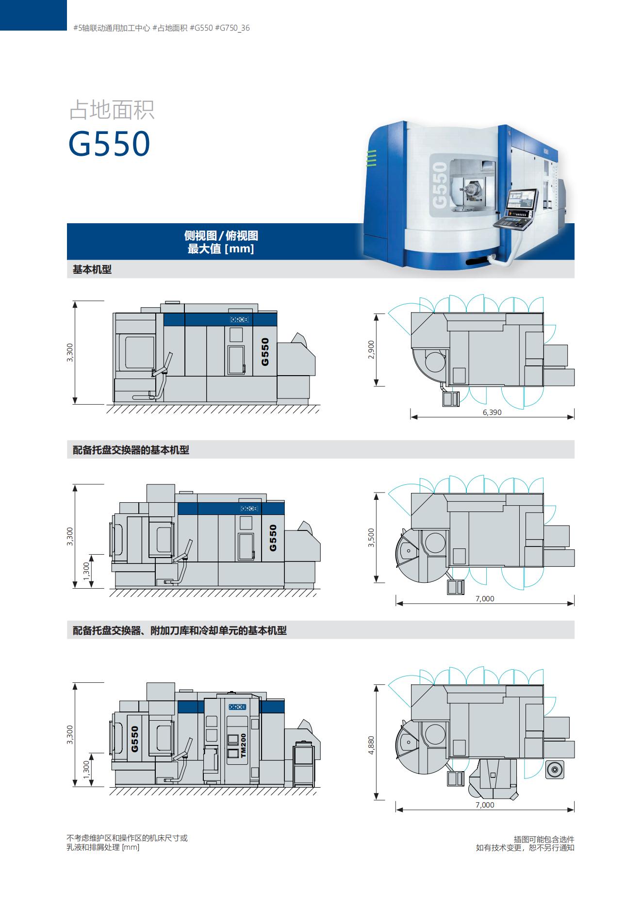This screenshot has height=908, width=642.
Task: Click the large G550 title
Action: (x=109, y=143)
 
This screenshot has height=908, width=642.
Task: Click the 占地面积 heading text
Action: (x=112, y=110)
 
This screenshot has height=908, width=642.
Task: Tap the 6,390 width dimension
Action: (x=492, y=413)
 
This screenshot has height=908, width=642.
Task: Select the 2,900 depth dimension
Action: (x=371, y=350)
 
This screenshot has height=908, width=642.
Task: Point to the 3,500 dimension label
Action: (x=371, y=538)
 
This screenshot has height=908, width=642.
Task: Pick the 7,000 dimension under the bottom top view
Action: (x=485, y=805)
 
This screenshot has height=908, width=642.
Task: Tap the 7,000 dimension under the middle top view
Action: (x=485, y=598)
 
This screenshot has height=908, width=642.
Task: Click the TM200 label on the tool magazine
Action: (x=243, y=745)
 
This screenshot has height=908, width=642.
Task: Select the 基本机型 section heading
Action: (x=92, y=269)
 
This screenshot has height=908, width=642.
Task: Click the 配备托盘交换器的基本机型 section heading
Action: (x=131, y=450)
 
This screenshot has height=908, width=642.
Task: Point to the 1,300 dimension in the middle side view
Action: (x=86, y=571)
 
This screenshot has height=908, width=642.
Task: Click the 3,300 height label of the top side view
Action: (x=70, y=352)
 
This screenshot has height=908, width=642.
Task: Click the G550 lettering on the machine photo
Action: (x=440, y=185)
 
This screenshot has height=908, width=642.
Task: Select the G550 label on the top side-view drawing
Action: (x=265, y=352)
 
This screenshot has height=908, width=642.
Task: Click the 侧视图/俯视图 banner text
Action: (x=221, y=236)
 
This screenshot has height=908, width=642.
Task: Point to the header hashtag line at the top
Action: (x=161, y=28)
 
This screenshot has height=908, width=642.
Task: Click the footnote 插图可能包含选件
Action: (x=544, y=839)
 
